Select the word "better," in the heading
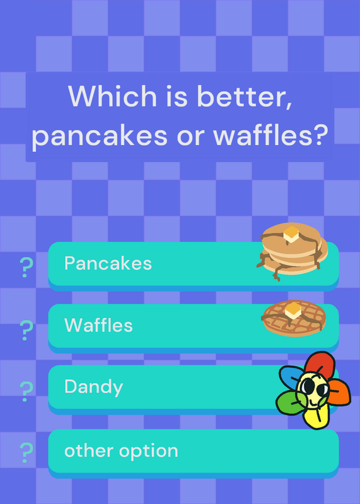coord(244,97)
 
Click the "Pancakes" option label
coord(108,263)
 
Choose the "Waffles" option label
coord(98,325)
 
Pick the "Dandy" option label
coord(93,387)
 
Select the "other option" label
coord(121,450)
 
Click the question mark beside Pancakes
coord(26,267)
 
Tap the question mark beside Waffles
coord(26,329)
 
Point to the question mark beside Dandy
coord(26,391)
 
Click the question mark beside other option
coord(26,452)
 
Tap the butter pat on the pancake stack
coord(291,234)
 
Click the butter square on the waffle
coord(293,311)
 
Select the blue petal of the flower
coord(291,377)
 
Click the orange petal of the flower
coord(339,392)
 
